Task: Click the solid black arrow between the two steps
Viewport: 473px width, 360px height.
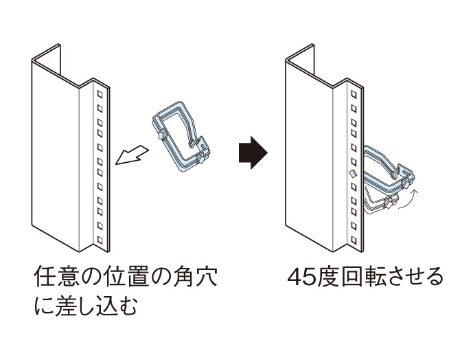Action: coord(251,153)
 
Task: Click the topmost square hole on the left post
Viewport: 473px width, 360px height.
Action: coord(100,93)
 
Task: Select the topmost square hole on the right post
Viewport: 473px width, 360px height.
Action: coord(354,93)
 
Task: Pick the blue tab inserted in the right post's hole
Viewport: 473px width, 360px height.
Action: coord(351,174)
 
